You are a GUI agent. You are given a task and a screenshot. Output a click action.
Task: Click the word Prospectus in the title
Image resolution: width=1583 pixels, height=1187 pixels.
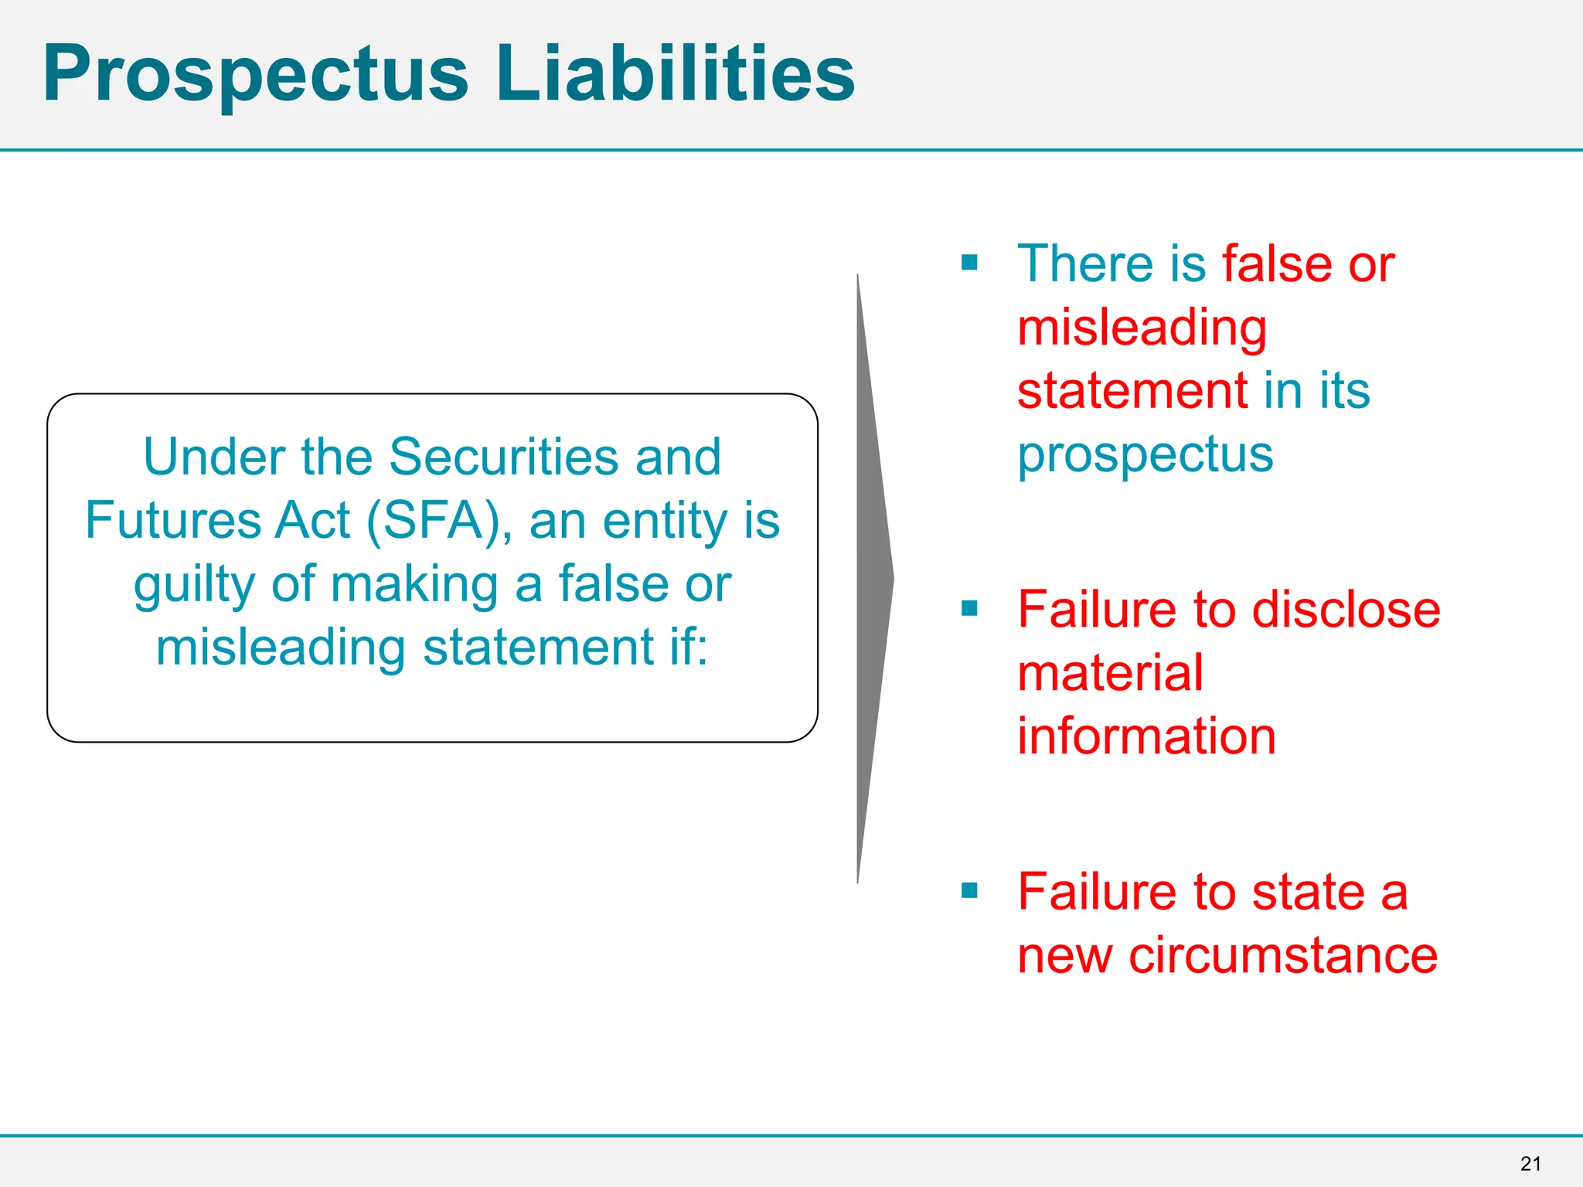point(256,74)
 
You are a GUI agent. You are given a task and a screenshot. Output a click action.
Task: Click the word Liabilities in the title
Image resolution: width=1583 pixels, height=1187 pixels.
point(676,73)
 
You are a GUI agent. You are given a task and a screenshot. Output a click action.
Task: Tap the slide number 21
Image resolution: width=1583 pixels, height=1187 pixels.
point(1530,1164)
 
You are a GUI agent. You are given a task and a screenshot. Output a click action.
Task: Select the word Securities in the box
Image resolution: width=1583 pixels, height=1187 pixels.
point(503,457)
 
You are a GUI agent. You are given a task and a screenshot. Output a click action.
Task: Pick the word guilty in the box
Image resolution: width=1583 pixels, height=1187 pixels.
point(194,585)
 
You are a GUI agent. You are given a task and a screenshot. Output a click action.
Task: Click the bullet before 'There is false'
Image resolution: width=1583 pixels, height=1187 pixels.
point(969,263)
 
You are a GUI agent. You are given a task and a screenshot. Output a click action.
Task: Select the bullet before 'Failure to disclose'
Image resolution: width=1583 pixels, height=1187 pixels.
point(969,609)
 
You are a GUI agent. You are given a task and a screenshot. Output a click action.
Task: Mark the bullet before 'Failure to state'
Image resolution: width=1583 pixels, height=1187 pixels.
point(969,891)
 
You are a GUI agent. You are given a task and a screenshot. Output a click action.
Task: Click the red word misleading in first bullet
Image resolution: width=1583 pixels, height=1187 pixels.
point(1142,328)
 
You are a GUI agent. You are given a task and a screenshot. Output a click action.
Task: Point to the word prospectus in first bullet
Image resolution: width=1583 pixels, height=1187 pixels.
point(1145,455)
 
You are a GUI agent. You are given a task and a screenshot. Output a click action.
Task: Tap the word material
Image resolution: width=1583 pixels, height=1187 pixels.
point(1110,672)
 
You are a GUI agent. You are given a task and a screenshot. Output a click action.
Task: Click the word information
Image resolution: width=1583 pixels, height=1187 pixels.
point(1146,736)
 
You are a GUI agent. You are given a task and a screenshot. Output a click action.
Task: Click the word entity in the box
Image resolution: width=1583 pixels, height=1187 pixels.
point(665,521)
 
